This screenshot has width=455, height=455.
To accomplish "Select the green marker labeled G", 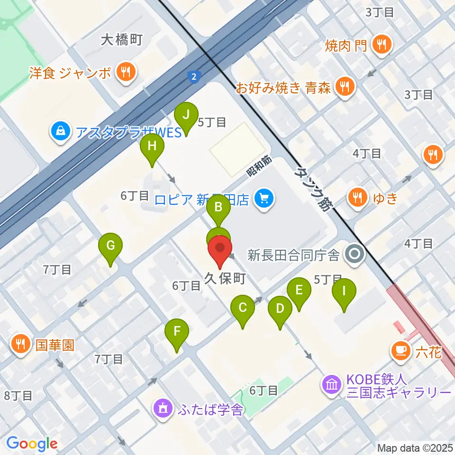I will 110,246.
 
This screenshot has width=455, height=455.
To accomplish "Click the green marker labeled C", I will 243,308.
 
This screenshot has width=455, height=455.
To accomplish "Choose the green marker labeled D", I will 280,309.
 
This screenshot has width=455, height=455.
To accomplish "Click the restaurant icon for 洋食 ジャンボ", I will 126,73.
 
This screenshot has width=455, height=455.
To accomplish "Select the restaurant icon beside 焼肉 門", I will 382,45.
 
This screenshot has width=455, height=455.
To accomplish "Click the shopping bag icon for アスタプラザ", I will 61,130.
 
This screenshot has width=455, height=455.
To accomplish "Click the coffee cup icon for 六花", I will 400,351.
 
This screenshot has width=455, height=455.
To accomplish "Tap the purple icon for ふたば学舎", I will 163,408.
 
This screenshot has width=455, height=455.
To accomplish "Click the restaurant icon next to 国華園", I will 20,343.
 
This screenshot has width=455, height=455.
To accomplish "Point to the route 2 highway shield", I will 194,76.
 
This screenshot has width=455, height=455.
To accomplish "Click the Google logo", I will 32,444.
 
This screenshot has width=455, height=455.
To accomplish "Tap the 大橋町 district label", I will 122,40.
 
